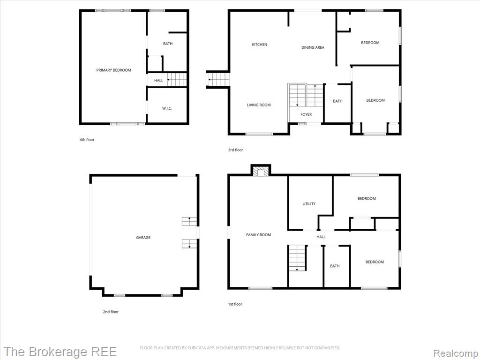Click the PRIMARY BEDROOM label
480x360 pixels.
tap(113, 70)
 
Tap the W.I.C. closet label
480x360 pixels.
tap(167, 108)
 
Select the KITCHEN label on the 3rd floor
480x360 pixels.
tap(259, 45)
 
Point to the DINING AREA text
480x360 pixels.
tap(313, 47)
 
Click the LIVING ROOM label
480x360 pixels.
tap(259, 105)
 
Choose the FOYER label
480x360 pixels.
tap(306, 114)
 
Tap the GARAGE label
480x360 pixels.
tap(143, 238)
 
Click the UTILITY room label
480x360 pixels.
tap(309, 204)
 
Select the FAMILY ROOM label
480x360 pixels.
tap(258, 235)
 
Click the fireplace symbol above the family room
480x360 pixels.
tap(261, 171)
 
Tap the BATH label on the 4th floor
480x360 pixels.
tap(168, 44)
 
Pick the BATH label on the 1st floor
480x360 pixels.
tap(335, 266)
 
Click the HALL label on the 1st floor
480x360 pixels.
tap(321, 237)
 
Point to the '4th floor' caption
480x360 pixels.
tap(87, 140)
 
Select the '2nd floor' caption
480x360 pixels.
tap(111, 312)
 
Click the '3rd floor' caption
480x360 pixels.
tap(235, 150)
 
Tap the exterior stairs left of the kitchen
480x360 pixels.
tap(218, 80)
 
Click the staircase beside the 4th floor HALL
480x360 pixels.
tap(177, 80)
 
